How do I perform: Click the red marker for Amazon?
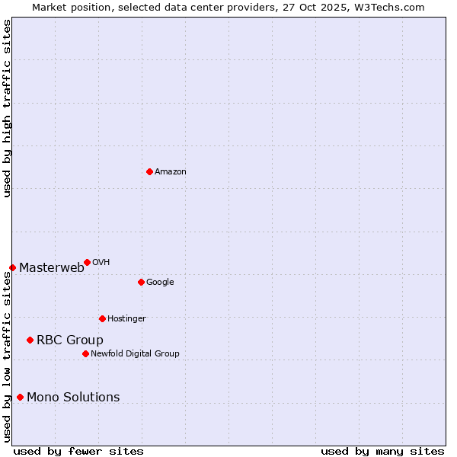click(x=149, y=171)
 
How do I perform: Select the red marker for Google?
click(x=141, y=282)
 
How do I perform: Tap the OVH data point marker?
click(x=87, y=262)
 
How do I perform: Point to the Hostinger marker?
click(x=102, y=318)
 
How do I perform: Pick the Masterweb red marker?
click(x=12, y=267)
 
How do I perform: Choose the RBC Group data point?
click(x=30, y=340)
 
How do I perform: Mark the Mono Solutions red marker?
click(x=20, y=397)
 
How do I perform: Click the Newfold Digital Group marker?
click(x=85, y=353)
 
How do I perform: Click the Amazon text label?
click(x=171, y=172)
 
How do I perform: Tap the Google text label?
click(x=160, y=283)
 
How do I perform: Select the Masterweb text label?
click(x=52, y=267)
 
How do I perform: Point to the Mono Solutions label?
click(x=73, y=397)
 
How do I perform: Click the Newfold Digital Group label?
click(x=135, y=353)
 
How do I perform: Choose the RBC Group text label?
click(x=70, y=340)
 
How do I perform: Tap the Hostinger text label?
click(x=126, y=318)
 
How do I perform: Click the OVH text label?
click(x=101, y=263)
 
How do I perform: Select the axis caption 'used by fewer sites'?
click(x=78, y=451)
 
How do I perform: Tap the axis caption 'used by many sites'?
click(x=382, y=451)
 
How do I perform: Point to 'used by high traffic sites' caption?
click(x=7, y=108)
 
